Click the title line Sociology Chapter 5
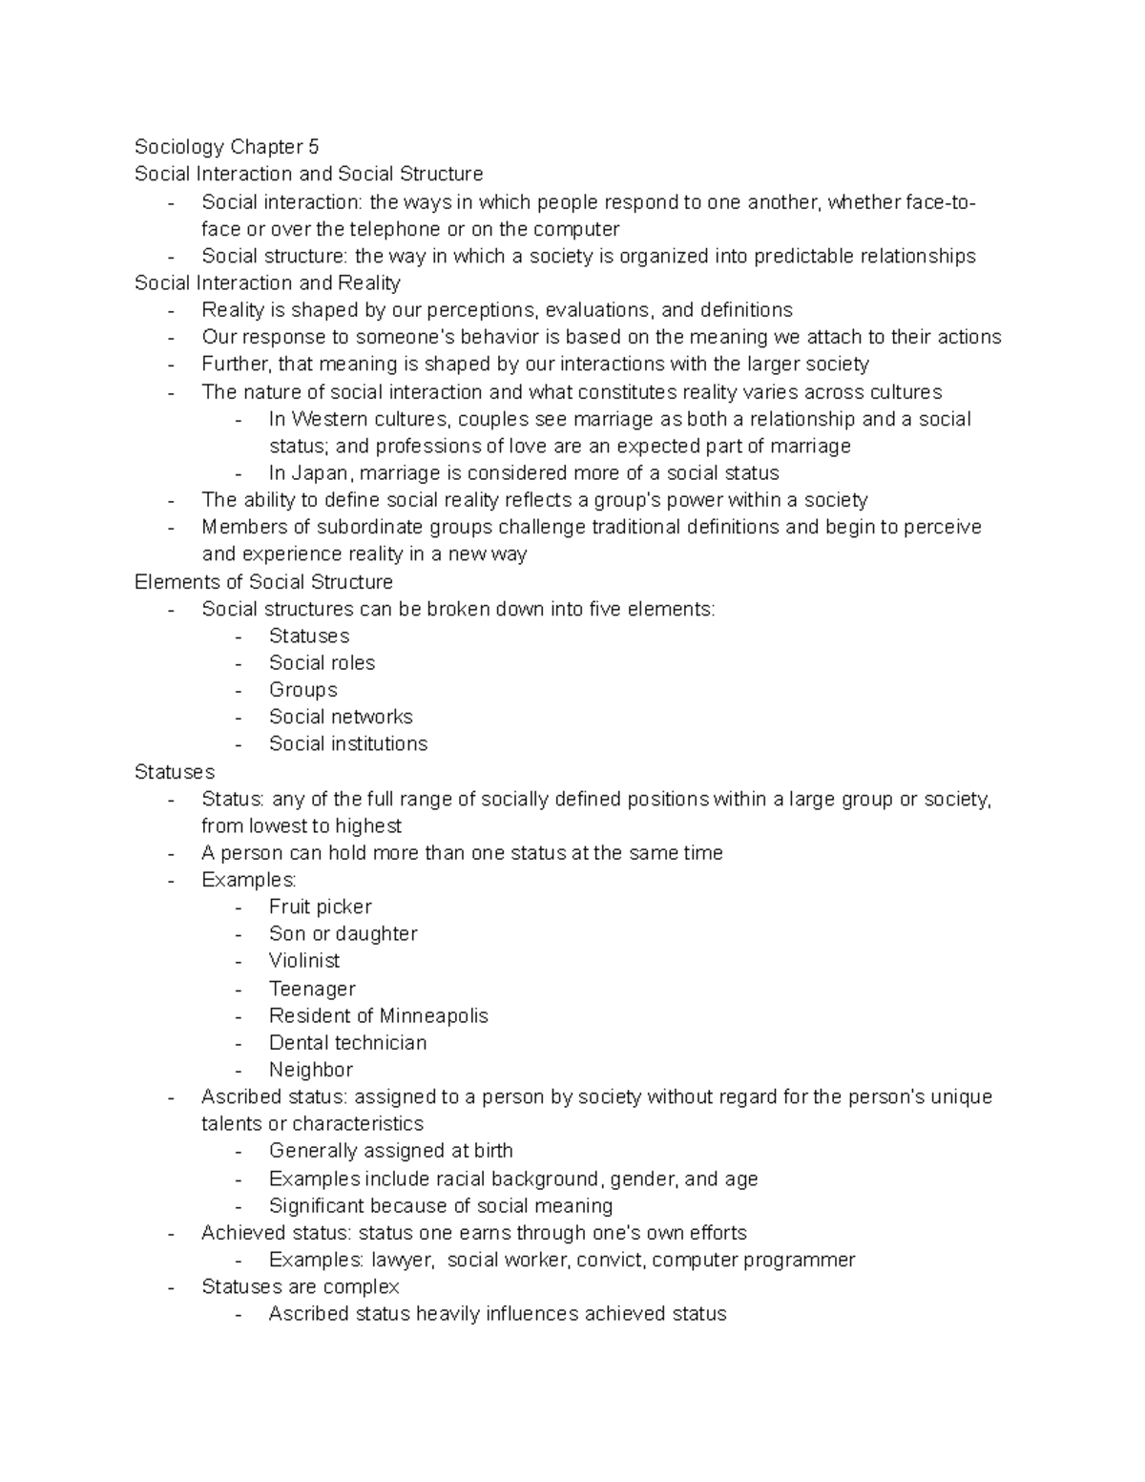click(226, 147)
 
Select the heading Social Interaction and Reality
click(267, 283)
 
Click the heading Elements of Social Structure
click(263, 582)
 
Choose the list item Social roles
click(322, 663)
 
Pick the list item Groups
click(302, 690)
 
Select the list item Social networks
click(341, 717)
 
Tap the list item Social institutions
click(348, 744)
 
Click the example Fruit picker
click(320, 907)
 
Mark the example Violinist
click(304, 961)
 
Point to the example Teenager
click(312, 989)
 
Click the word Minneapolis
click(434, 1015)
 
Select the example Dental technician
click(347, 1043)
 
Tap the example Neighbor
click(311, 1070)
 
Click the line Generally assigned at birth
click(390, 1151)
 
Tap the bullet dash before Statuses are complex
click(171, 1287)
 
